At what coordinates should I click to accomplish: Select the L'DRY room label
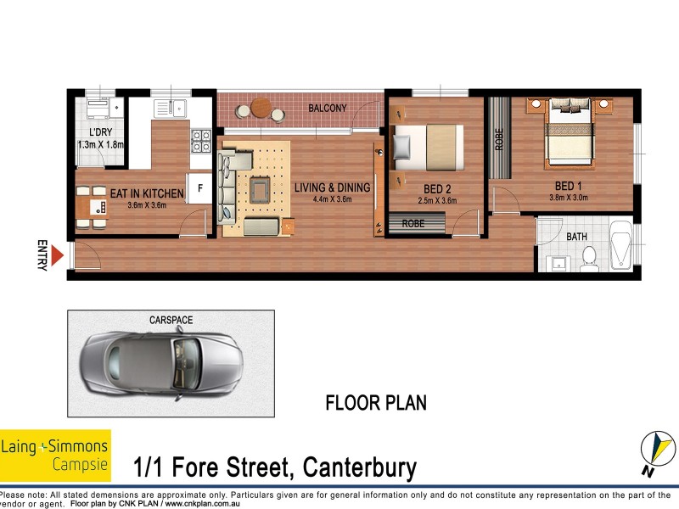pos(100,132)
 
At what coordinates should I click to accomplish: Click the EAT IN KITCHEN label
pos(141,194)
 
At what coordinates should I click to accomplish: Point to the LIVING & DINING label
pos(332,187)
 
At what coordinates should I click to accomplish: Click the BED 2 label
pos(436,188)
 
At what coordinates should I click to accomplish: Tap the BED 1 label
pos(568,186)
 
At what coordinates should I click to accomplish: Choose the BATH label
pos(576,237)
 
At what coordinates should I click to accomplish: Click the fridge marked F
pos(199,188)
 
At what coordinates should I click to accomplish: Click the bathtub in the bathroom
pos(620,244)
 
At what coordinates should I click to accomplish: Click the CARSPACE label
pos(171,320)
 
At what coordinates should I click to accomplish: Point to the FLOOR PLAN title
pos(376,403)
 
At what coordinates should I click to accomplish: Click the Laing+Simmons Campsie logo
pos(55,456)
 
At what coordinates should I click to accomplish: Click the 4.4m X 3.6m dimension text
pos(332,199)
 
